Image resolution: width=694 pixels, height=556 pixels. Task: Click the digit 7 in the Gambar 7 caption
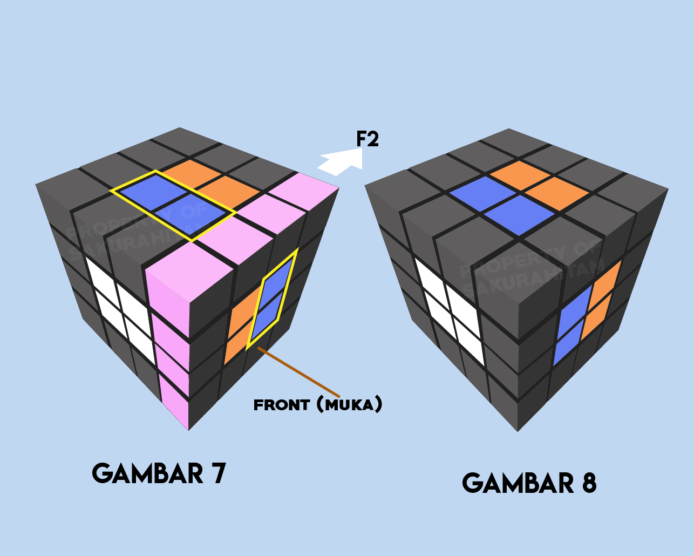(218, 474)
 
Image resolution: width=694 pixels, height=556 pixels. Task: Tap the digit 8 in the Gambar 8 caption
(589, 483)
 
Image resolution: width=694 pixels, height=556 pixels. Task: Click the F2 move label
(368, 139)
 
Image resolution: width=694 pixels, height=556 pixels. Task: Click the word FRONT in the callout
(282, 405)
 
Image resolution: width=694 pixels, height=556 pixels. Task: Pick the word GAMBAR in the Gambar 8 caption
(518, 483)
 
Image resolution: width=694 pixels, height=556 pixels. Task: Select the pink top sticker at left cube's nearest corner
(189, 270)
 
